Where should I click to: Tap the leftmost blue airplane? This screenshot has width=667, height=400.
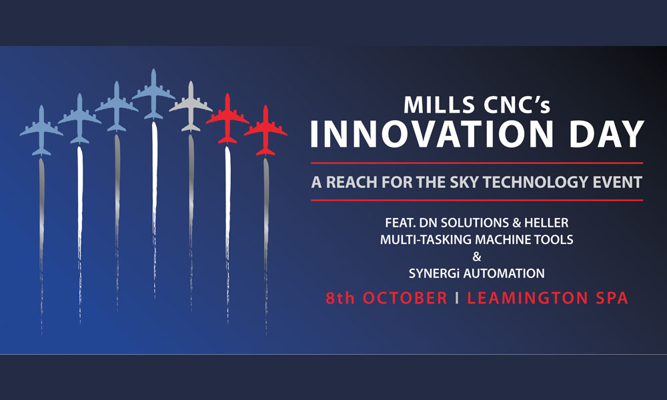point(41,130)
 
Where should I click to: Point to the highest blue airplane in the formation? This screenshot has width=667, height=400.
point(153,94)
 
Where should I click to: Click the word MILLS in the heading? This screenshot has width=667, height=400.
point(439,105)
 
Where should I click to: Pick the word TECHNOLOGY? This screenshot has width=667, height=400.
point(536,182)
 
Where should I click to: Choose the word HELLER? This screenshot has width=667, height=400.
point(546,222)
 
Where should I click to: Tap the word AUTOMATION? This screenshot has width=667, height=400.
point(504,273)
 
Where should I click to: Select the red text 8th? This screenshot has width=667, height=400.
point(340,297)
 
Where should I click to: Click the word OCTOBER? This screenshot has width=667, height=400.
point(405,297)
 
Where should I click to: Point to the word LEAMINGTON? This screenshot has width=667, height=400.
point(528,297)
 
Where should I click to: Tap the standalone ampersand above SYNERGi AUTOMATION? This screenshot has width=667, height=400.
point(477,256)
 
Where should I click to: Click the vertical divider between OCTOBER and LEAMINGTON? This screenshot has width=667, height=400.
point(458,297)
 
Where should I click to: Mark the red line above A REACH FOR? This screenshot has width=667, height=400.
point(477,163)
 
